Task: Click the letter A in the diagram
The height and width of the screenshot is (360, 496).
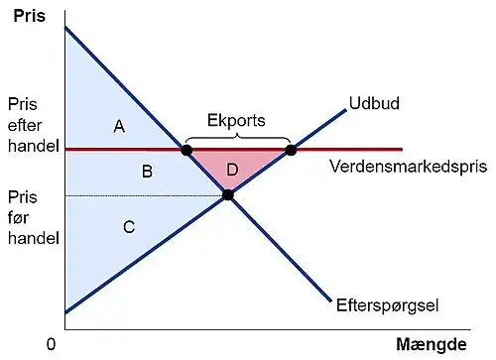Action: pyautogui.click(x=118, y=126)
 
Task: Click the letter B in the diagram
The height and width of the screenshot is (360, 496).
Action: pyautogui.click(x=146, y=172)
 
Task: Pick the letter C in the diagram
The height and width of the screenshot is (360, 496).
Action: pyautogui.click(x=128, y=227)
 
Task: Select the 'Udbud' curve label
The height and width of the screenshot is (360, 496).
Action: pyautogui.click(x=368, y=102)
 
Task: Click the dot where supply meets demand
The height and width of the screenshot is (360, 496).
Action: pyautogui.click(x=227, y=194)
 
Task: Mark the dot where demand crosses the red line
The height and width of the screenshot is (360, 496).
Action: pyautogui.click(x=186, y=150)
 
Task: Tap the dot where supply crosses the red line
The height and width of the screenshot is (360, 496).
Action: pyautogui.click(x=291, y=150)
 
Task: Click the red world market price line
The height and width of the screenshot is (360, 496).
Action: pyautogui.click(x=347, y=149)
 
